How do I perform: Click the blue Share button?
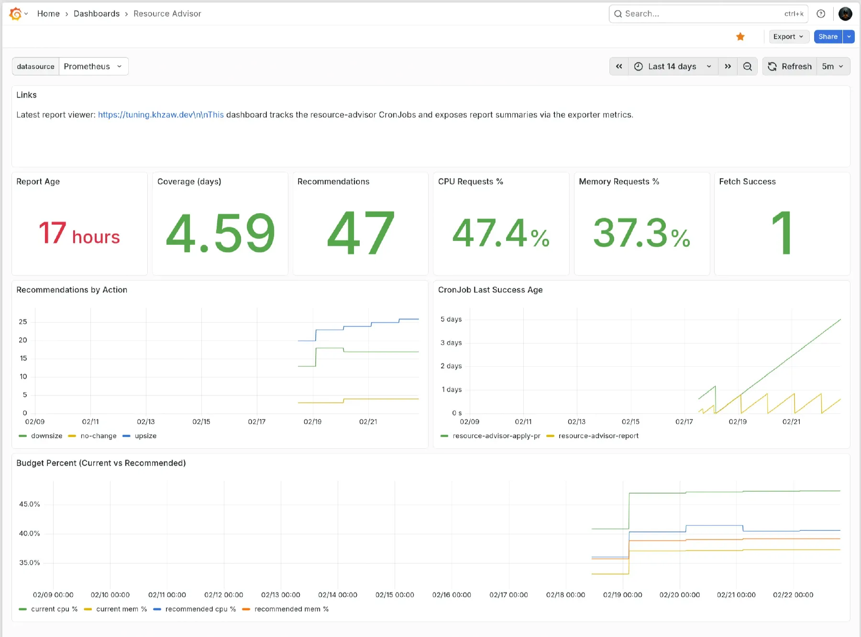pos(828,37)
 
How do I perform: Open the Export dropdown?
pos(788,37)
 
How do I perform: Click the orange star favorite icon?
pos(740,37)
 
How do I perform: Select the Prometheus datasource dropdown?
pos(93,66)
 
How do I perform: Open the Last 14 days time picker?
pos(672,66)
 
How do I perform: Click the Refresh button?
pos(790,66)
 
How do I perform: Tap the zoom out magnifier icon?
pos(747,66)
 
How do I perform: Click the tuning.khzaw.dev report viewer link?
pos(161,115)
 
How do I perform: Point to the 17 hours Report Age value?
pos(79,233)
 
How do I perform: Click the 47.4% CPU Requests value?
pos(500,233)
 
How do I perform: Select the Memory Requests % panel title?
pos(618,182)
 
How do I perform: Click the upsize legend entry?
pos(145,436)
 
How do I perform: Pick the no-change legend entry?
pos(98,436)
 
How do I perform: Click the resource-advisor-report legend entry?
pos(598,436)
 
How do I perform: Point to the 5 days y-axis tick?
pos(451,319)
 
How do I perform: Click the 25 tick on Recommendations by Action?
pos(23,322)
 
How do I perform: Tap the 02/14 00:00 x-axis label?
pos(338,595)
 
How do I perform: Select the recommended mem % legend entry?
pos(291,609)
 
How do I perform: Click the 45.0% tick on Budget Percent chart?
pos(30,504)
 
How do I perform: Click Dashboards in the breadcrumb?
pos(97,14)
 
